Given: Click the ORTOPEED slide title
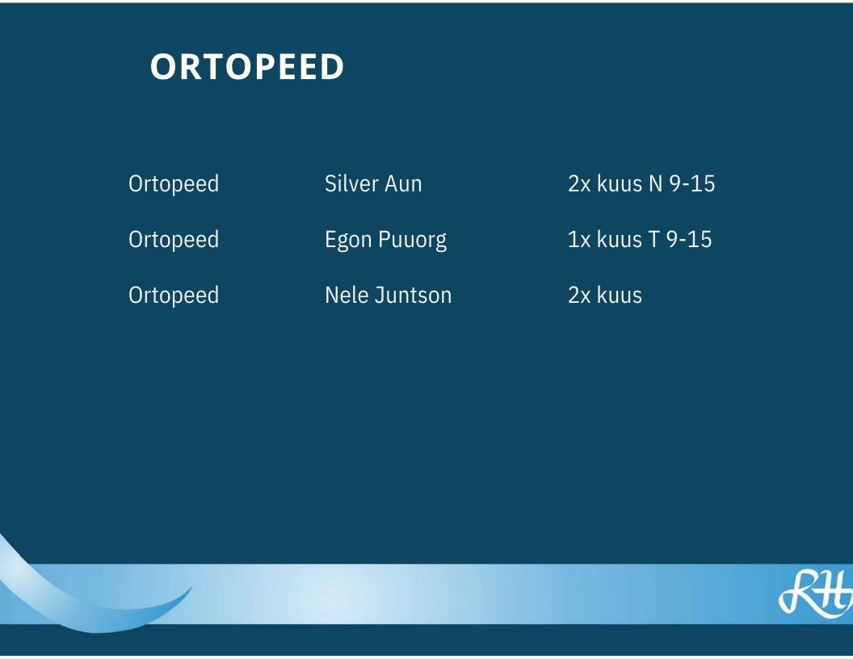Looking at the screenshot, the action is coord(247,67).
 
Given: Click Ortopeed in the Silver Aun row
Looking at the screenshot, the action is coord(174,184).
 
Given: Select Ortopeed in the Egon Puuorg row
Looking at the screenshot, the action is coord(174,240).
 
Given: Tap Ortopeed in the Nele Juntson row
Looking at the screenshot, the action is coord(174,296).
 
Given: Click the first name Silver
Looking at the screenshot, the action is coord(351,183).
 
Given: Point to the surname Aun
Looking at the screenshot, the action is coord(403,184).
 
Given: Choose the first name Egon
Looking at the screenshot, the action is coord(348,241).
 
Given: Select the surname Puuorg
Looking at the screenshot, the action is coord(412,241).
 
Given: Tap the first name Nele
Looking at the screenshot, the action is coord(346,296).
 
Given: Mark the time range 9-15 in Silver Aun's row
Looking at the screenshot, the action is coord(692,184).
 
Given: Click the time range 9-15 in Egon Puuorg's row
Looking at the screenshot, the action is coord(689,240).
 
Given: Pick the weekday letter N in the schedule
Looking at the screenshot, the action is coord(656,184).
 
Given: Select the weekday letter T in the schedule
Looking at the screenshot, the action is coord(653,240).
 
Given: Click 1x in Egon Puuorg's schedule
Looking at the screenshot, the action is coord(579,240).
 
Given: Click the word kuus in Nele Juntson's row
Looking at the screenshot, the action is coord(620,296).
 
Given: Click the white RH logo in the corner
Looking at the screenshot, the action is coord(816,594).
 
